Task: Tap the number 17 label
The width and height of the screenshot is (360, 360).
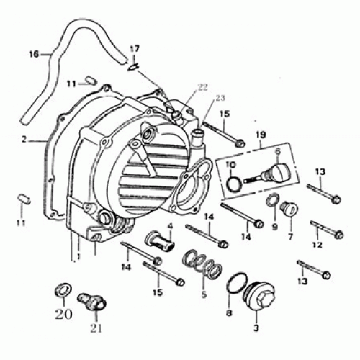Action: [133, 49]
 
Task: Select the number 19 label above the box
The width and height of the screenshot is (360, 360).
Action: [260, 134]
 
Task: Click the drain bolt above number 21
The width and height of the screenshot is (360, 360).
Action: [93, 298]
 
